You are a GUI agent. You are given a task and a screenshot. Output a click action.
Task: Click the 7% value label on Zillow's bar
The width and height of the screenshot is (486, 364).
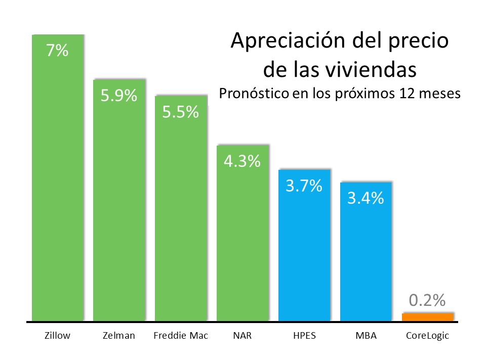pyautogui.click(x=57, y=51)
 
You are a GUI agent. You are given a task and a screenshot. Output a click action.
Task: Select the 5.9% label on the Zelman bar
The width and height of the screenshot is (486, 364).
pyautogui.click(x=119, y=96)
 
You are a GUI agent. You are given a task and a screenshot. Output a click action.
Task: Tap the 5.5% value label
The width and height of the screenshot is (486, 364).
pyautogui.click(x=180, y=112)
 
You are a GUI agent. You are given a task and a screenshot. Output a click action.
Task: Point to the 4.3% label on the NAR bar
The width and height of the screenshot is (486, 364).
pyautogui.click(x=242, y=161)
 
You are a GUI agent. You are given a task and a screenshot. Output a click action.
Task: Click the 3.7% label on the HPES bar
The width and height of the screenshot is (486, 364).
pyautogui.click(x=304, y=186)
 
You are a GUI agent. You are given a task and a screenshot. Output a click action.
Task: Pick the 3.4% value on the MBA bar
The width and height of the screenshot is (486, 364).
pyautogui.click(x=366, y=198)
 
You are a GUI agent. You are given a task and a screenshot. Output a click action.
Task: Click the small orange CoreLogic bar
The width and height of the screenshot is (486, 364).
pyautogui.click(x=428, y=317)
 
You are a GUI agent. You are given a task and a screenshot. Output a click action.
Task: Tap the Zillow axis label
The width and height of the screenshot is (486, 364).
pyautogui.click(x=57, y=336)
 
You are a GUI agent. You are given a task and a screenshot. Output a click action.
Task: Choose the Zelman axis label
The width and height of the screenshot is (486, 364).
pyautogui.click(x=119, y=336)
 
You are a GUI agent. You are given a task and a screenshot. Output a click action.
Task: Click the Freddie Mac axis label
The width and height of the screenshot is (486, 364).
pyautogui.click(x=181, y=336)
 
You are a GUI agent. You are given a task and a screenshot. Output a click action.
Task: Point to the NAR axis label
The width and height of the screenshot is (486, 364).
pyautogui.click(x=242, y=336)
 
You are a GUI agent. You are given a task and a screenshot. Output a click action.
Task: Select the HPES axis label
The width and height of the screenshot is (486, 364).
pyautogui.click(x=304, y=336)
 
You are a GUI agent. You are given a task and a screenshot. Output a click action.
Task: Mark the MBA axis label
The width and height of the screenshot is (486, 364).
pyautogui.click(x=366, y=336)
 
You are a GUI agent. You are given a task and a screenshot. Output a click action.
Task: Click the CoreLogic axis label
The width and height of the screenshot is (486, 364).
pyautogui.click(x=428, y=336)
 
